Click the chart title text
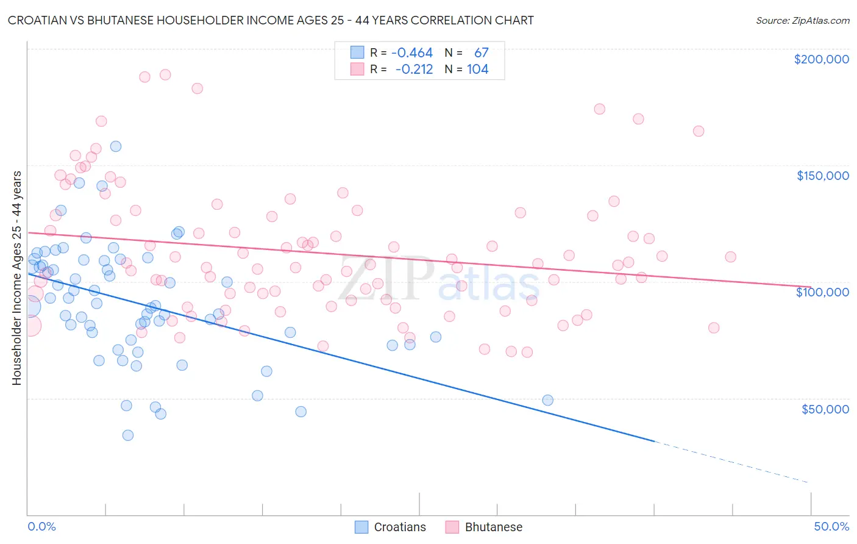pyautogui.click(x=271, y=21)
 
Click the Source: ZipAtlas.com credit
pyautogui.click(x=802, y=21)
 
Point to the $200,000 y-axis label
pyautogui.click(x=821, y=59)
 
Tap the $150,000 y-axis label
pyautogui.click(x=822, y=176)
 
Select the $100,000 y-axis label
pyautogui.click(x=822, y=292)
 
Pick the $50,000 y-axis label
pyautogui.click(x=825, y=409)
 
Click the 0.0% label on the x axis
pyautogui.click(x=41, y=526)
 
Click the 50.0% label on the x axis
pyautogui.click(x=831, y=526)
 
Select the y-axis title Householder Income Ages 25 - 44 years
pyautogui.click(x=16, y=277)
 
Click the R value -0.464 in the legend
pyautogui.click(x=412, y=53)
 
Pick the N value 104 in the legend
pyautogui.click(x=478, y=70)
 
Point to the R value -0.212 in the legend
pyautogui.click(x=414, y=70)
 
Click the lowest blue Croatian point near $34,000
pyautogui.click(x=127, y=435)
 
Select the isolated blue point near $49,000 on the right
pyautogui.click(x=547, y=400)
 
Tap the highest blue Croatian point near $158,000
pyautogui.click(x=115, y=146)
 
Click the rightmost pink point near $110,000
pyautogui.click(x=730, y=257)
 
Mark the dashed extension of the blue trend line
pyautogui.click(x=731, y=462)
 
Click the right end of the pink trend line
pyautogui.click(x=810, y=287)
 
